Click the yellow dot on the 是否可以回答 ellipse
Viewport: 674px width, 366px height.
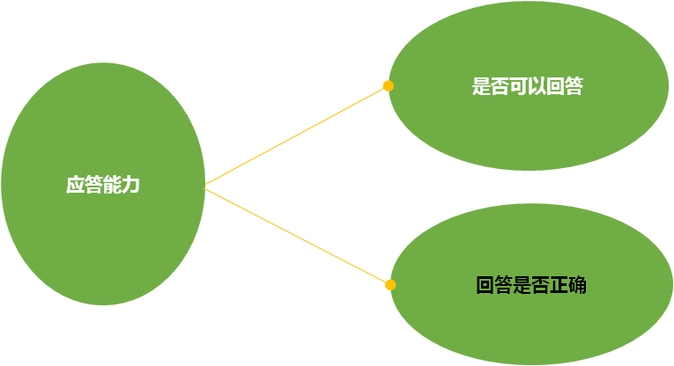click(388, 86)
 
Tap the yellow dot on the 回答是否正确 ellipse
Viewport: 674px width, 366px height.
click(390, 285)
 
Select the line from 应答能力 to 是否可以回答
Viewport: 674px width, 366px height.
click(296, 136)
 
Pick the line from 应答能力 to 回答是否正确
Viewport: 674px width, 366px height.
click(298, 236)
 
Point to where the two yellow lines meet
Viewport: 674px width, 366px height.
click(205, 186)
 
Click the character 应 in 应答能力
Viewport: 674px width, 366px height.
click(75, 186)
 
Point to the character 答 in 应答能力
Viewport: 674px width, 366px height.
click(93, 186)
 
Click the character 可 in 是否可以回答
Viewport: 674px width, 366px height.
click(518, 87)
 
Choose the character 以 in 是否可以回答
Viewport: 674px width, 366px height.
click(537, 87)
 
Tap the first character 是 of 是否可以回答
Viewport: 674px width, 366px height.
click(481, 87)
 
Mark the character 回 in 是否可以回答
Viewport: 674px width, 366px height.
click(555, 87)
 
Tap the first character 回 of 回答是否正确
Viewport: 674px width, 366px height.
click(485, 285)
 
